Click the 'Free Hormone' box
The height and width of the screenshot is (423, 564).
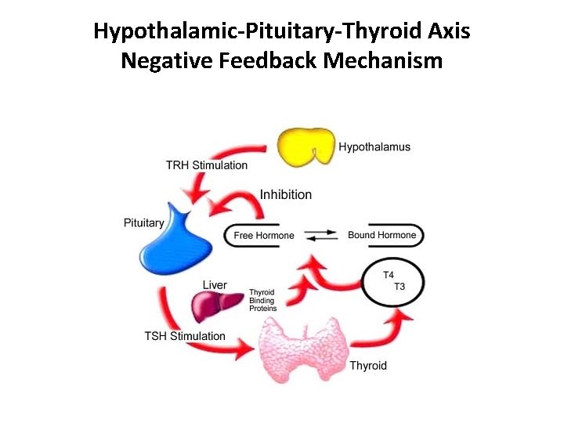point(263,235)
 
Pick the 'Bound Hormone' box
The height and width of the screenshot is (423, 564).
point(382,235)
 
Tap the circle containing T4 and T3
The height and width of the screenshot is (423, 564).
point(393,280)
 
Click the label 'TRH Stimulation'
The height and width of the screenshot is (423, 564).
point(206,165)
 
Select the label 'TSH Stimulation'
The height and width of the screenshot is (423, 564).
point(185,336)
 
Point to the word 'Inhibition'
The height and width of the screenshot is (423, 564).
point(285,194)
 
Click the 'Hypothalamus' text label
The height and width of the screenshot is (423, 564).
point(374,146)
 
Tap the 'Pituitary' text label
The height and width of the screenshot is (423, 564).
point(144,222)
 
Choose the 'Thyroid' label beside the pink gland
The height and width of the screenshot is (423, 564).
point(367,365)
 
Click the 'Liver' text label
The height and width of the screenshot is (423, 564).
point(215,284)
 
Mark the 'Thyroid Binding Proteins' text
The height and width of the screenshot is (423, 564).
point(262,300)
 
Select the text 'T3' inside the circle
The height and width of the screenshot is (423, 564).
point(399,286)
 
